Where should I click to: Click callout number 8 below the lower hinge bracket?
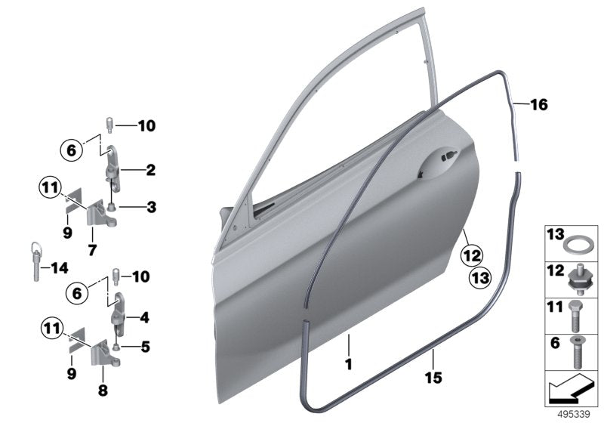(x=102, y=391)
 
